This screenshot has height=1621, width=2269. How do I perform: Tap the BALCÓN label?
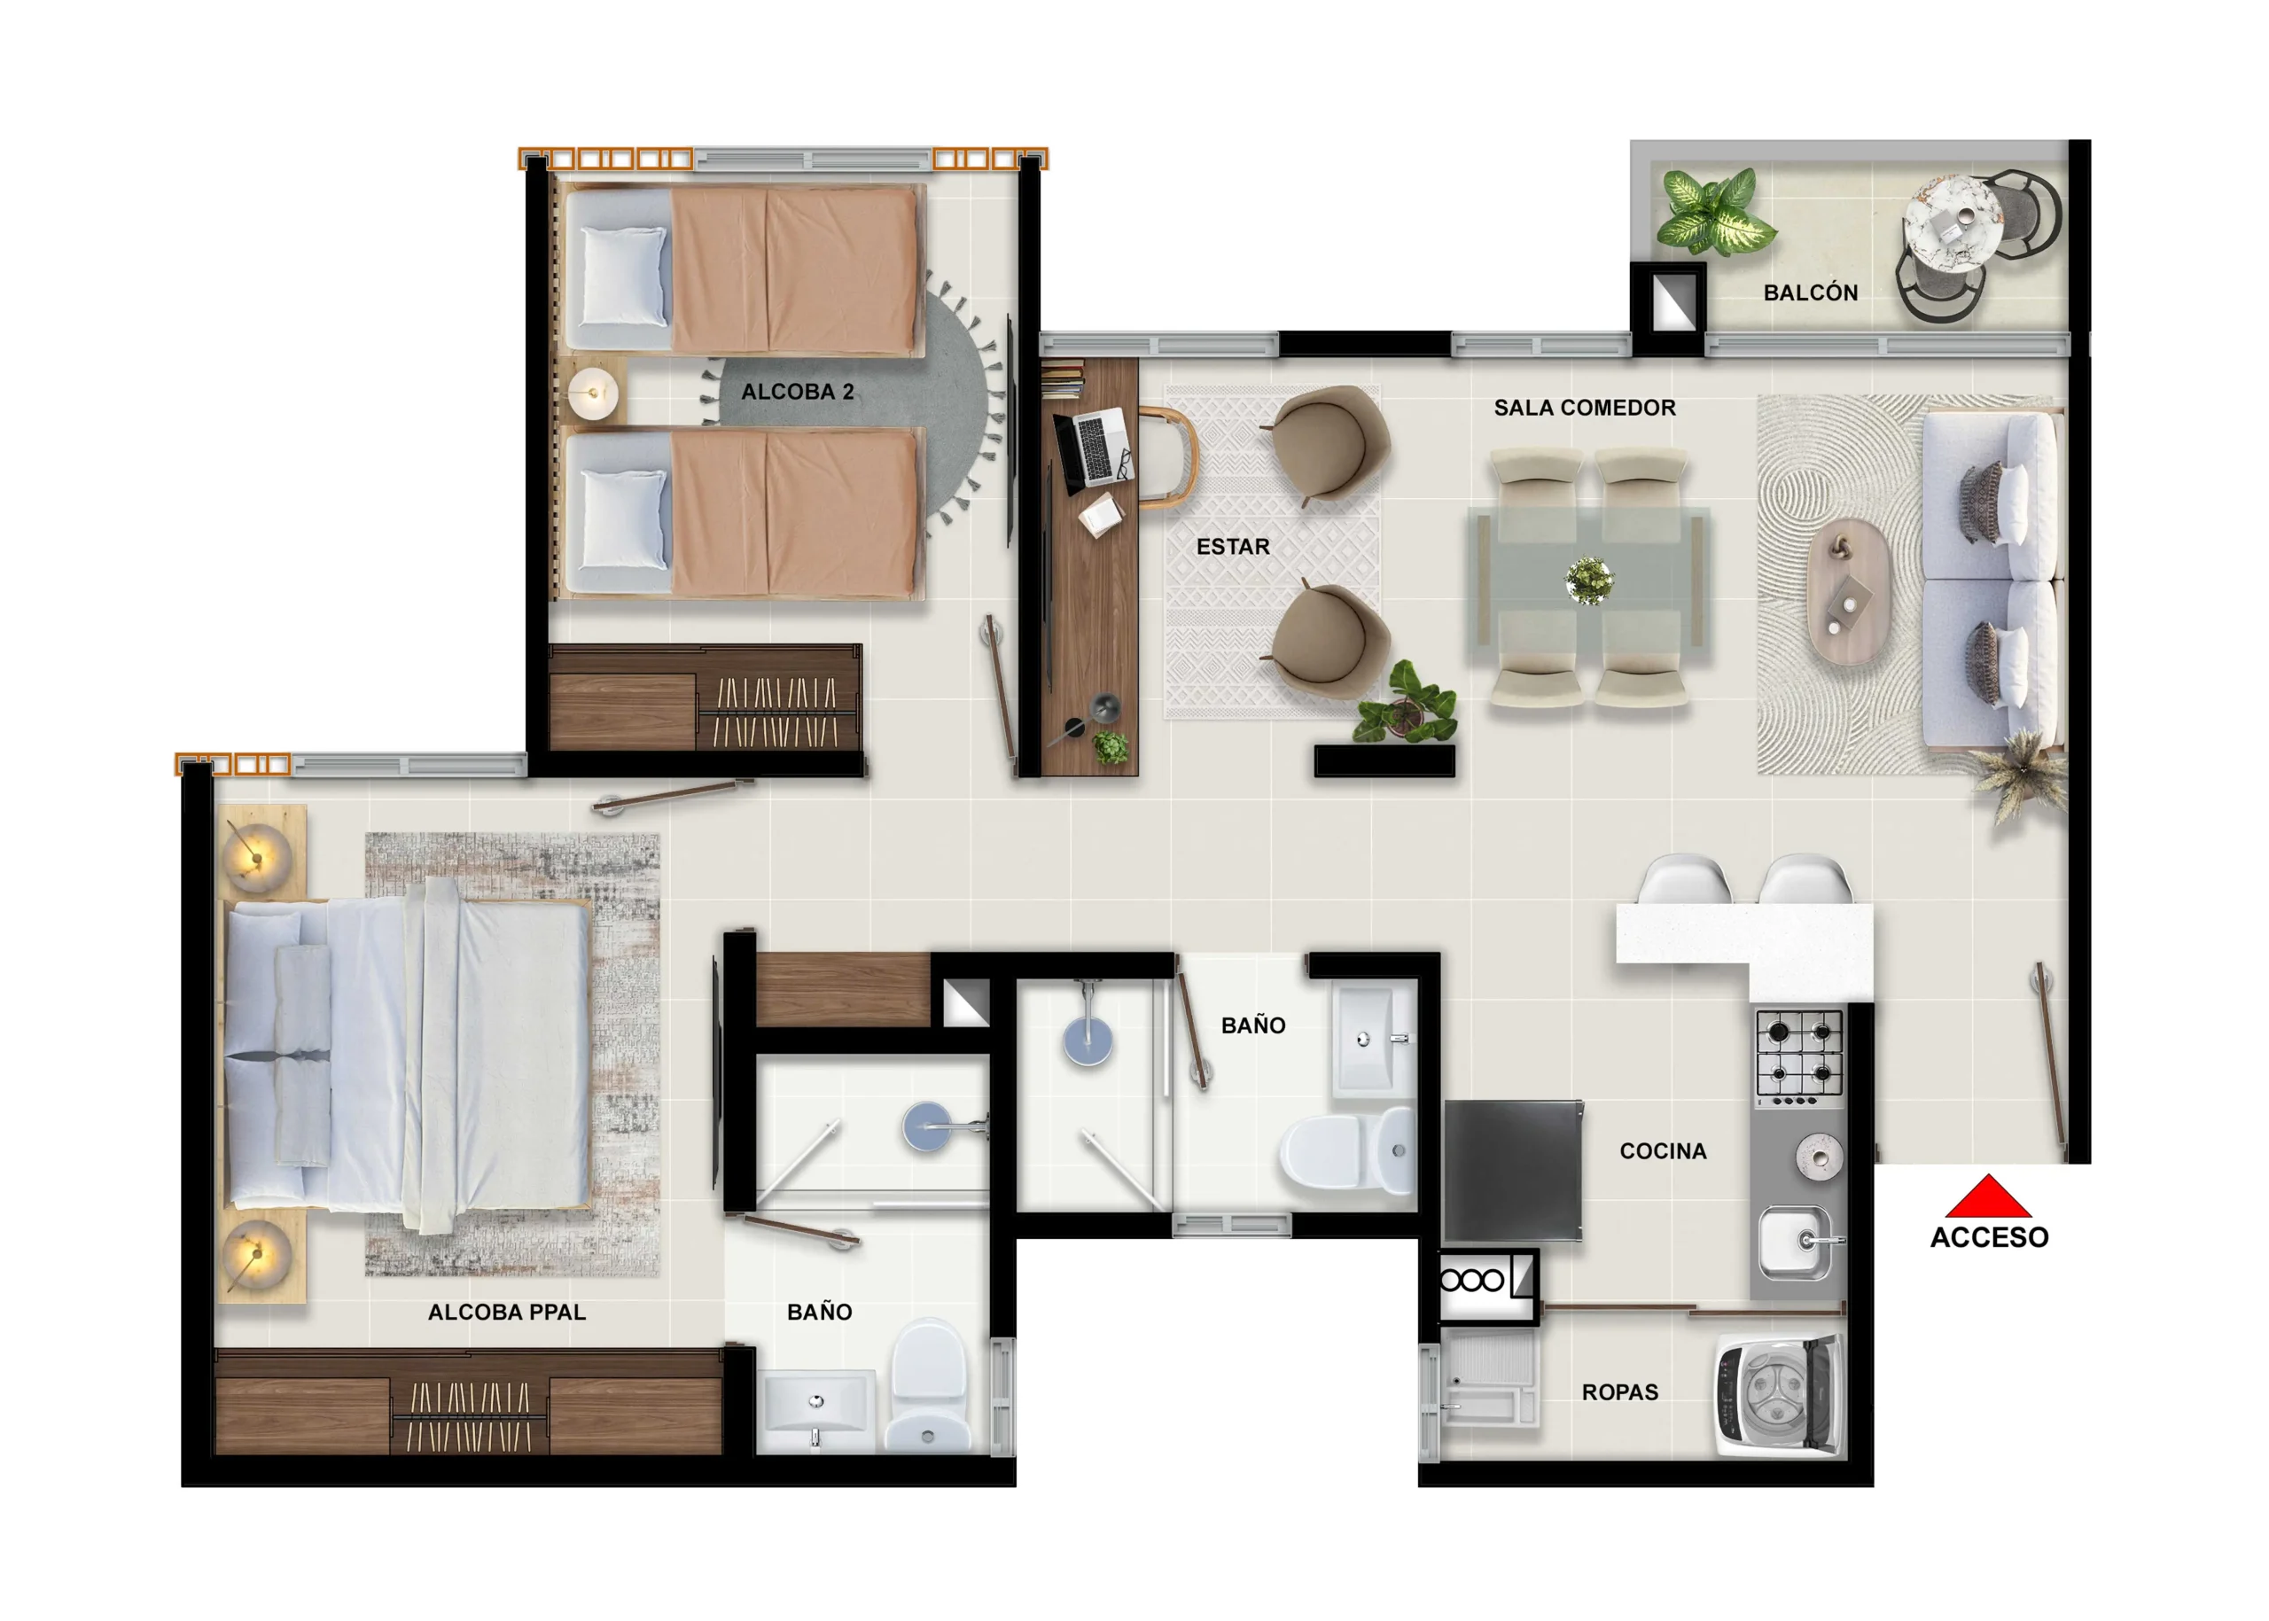tap(1810, 292)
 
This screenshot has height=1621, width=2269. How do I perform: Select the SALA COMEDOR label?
tap(1584, 408)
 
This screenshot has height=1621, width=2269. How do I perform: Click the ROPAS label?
tap(1619, 1392)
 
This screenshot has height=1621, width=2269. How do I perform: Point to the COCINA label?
tap(1662, 1151)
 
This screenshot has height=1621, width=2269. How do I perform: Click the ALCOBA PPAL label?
tap(506, 1312)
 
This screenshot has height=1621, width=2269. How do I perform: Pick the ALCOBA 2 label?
tap(797, 391)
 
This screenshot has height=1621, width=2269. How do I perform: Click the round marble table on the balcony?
tap(1953, 224)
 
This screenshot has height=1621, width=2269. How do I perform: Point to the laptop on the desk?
tap(1094, 449)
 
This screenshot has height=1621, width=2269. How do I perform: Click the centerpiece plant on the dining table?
tap(1588, 580)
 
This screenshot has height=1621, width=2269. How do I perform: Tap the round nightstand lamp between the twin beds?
tap(593, 394)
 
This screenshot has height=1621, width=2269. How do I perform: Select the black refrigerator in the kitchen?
tap(1512, 1170)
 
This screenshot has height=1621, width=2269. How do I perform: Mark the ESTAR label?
tap(1232, 546)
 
